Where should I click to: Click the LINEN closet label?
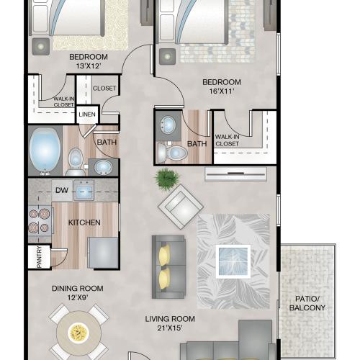[87, 114]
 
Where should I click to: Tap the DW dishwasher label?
[62, 190]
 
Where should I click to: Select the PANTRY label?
[39, 257]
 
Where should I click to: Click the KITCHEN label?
[84, 222]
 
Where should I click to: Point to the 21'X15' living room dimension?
[170, 328]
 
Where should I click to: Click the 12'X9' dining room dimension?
[78, 297]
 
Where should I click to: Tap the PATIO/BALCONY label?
[307, 303]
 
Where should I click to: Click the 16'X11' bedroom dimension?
[222, 91]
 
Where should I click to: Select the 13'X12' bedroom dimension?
[89, 66]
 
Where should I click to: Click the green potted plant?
[167, 179]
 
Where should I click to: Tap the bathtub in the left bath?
[45, 150]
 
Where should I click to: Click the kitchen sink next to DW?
[84, 190]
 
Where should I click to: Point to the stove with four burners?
[40, 220]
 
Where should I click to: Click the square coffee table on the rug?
[233, 261]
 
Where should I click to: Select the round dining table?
[78, 333]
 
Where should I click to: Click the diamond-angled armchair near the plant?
[181, 207]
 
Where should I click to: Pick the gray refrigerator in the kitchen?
[103, 253]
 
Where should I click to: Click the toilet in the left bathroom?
[76, 161]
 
